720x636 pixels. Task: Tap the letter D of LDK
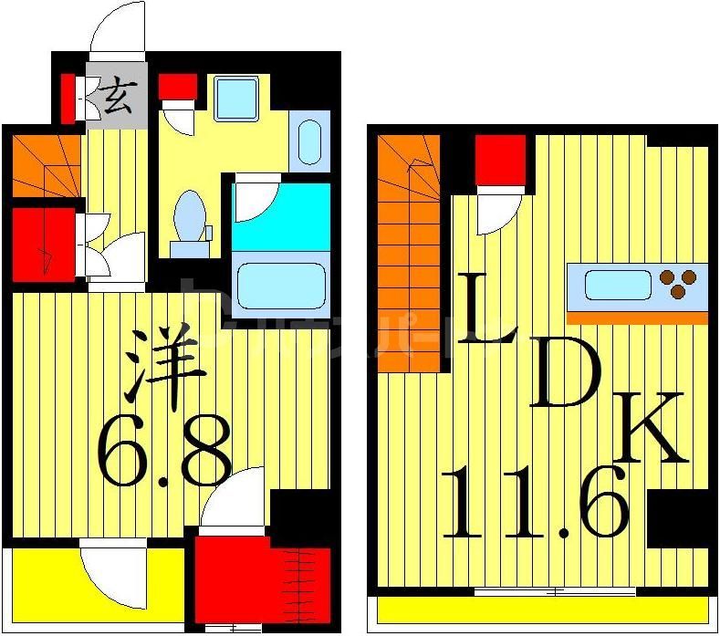(x=566, y=376)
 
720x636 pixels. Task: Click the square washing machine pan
(x=237, y=96)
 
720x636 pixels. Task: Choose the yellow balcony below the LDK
(x=543, y=609)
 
